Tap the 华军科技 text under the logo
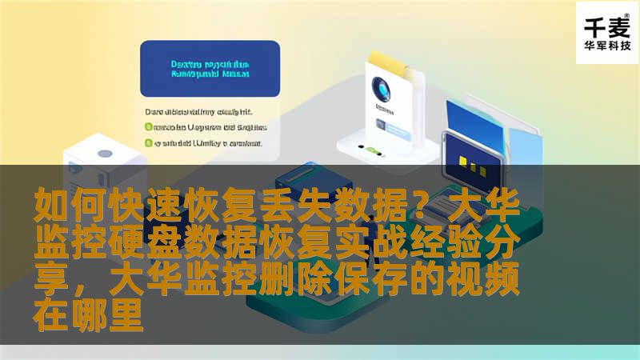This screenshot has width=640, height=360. point(607,46)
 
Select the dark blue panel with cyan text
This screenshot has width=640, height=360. point(210,69)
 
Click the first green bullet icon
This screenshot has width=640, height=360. point(148,126)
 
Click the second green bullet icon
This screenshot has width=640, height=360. point(148,143)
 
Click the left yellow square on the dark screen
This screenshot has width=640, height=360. point(463,159)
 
